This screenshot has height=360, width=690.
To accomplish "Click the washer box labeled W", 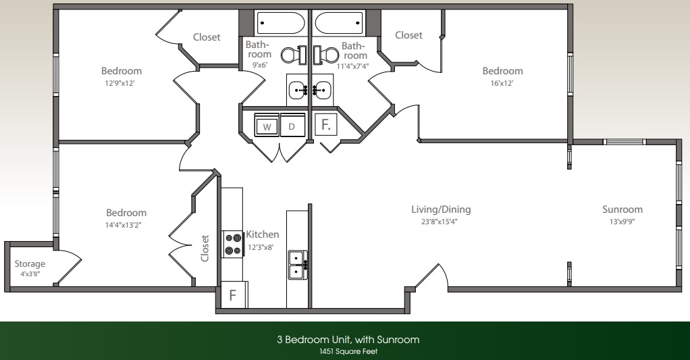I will [267, 126].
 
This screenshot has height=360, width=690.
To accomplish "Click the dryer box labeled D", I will [292, 126].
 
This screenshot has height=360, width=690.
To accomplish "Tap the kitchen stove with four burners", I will [234, 244].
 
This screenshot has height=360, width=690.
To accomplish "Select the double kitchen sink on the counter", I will [296, 264].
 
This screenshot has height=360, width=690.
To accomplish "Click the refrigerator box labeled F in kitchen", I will [232, 294].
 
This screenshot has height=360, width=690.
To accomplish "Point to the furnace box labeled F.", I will [325, 125].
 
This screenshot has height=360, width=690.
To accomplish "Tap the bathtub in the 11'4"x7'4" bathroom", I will [339, 23].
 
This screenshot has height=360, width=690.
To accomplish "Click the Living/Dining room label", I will [441, 209].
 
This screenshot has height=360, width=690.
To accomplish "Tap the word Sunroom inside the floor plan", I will [622, 209].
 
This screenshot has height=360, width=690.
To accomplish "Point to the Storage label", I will [30, 264].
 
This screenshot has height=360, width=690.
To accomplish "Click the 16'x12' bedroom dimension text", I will [502, 83].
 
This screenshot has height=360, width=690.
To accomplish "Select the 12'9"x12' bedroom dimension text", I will [122, 83].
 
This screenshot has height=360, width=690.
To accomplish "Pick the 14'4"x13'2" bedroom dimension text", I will [126, 225].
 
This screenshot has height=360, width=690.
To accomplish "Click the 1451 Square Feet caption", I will [348, 351].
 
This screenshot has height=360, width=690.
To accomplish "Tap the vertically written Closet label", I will [205, 248].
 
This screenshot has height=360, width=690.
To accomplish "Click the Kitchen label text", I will [262, 234].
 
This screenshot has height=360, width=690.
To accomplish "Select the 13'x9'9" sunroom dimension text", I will [622, 222].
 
